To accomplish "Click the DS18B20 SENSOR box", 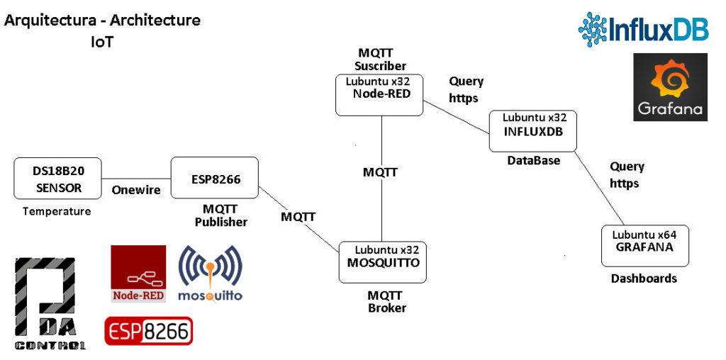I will pos(58,179).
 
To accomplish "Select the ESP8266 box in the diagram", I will pos(215,179).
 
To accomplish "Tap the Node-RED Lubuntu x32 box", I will pos(379,95).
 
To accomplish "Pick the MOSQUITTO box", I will pos(383,261).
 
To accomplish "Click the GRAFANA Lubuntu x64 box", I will pos(644,246).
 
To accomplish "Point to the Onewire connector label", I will pos(136,190).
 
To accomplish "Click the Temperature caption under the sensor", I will pos(57,211).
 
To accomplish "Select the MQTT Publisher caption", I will pos(221,215).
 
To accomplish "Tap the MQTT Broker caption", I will pos(386,301).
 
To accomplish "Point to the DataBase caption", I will pos(533,161).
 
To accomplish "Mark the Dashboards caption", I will pos(644,279).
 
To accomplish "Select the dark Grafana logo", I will pos(670,87).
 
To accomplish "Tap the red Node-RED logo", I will pos(138,274).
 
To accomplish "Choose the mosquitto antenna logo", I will pos(210,273).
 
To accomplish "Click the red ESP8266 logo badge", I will pos(149,331).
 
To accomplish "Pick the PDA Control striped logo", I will pos(50,303).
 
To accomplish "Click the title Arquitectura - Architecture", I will pos(103,20).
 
